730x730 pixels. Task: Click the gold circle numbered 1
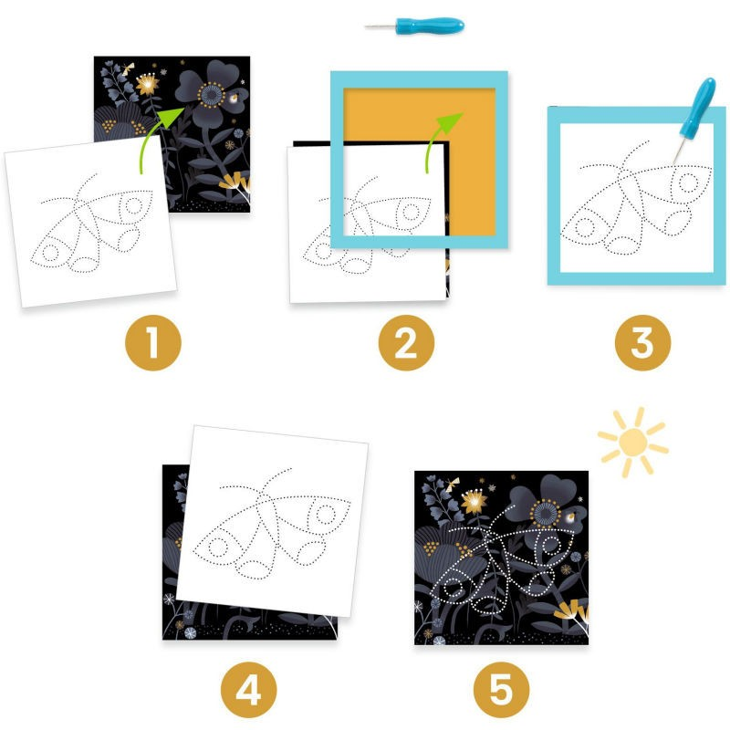click(153, 343)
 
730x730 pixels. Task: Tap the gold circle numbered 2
click(406, 343)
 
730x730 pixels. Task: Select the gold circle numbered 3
click(643, 343)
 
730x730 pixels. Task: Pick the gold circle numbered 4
click(248, 690)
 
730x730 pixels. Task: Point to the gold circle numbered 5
click(501, 690)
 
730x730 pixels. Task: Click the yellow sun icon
click(632, 441)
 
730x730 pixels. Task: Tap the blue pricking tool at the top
click(414, 26)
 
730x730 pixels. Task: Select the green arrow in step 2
click(439, 138)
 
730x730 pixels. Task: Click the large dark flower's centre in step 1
click(212, 95)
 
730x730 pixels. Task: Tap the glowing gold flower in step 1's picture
click(148, 84)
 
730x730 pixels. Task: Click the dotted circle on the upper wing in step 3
click(687, 183)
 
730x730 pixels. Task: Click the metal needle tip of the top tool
click(368, 26)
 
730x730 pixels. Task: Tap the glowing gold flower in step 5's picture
click(474, 501)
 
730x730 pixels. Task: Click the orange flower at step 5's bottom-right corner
click(573, 611)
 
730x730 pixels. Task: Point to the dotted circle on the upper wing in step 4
click(324, 515)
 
